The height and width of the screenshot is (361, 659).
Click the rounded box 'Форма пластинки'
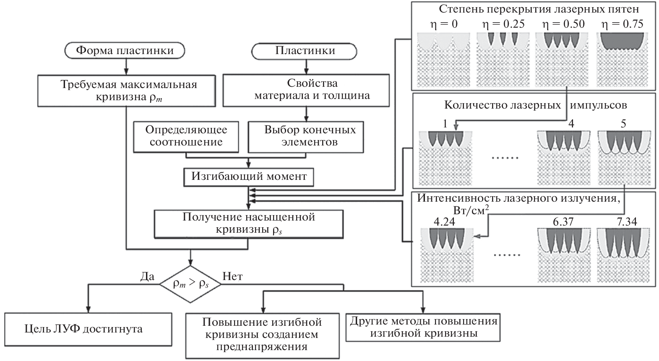(125, 51)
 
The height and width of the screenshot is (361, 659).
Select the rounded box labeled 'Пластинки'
(305, 51)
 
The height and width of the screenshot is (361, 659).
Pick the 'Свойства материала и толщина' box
(306, 90)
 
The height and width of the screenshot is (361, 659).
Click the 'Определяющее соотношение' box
(186, 136)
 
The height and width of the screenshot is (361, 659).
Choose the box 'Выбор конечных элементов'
(306, 137)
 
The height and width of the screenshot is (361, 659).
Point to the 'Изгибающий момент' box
(249, 177)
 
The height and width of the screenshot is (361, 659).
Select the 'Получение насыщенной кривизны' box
(248, 223)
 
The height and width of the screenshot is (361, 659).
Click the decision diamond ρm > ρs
(190, 284)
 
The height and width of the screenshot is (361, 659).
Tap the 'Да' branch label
(147, 277)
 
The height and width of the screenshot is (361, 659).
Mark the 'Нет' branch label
(232, 277)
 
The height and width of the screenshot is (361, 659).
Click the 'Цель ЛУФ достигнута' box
(89, 328)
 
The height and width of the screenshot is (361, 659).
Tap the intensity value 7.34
(627, 222)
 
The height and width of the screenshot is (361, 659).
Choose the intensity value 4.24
(445, 222)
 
